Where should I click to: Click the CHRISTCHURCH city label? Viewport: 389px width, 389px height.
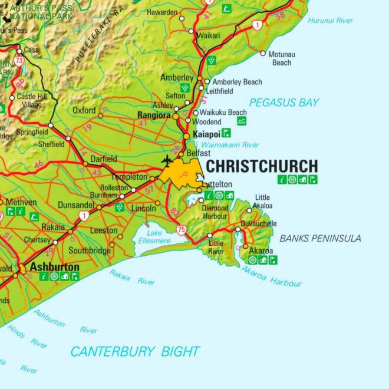261,166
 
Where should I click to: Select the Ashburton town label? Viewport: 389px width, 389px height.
55,267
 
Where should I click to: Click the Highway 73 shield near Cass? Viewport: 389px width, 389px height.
19,60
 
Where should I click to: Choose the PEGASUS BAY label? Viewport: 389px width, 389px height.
283,103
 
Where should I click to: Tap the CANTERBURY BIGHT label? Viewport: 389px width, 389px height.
135,352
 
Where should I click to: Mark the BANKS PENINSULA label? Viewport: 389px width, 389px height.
320,238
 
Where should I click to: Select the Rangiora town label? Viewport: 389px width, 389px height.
154,115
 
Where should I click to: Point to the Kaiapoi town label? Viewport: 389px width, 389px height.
206,134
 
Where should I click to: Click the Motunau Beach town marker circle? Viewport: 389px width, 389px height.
263,53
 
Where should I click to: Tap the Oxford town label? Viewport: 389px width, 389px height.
84,110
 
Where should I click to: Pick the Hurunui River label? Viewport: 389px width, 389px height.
330,21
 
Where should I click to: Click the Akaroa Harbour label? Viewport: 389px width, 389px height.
271,276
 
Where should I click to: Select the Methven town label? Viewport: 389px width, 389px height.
21,202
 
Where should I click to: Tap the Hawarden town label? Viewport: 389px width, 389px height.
161,12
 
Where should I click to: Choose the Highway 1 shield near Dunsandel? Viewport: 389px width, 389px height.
85,216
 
